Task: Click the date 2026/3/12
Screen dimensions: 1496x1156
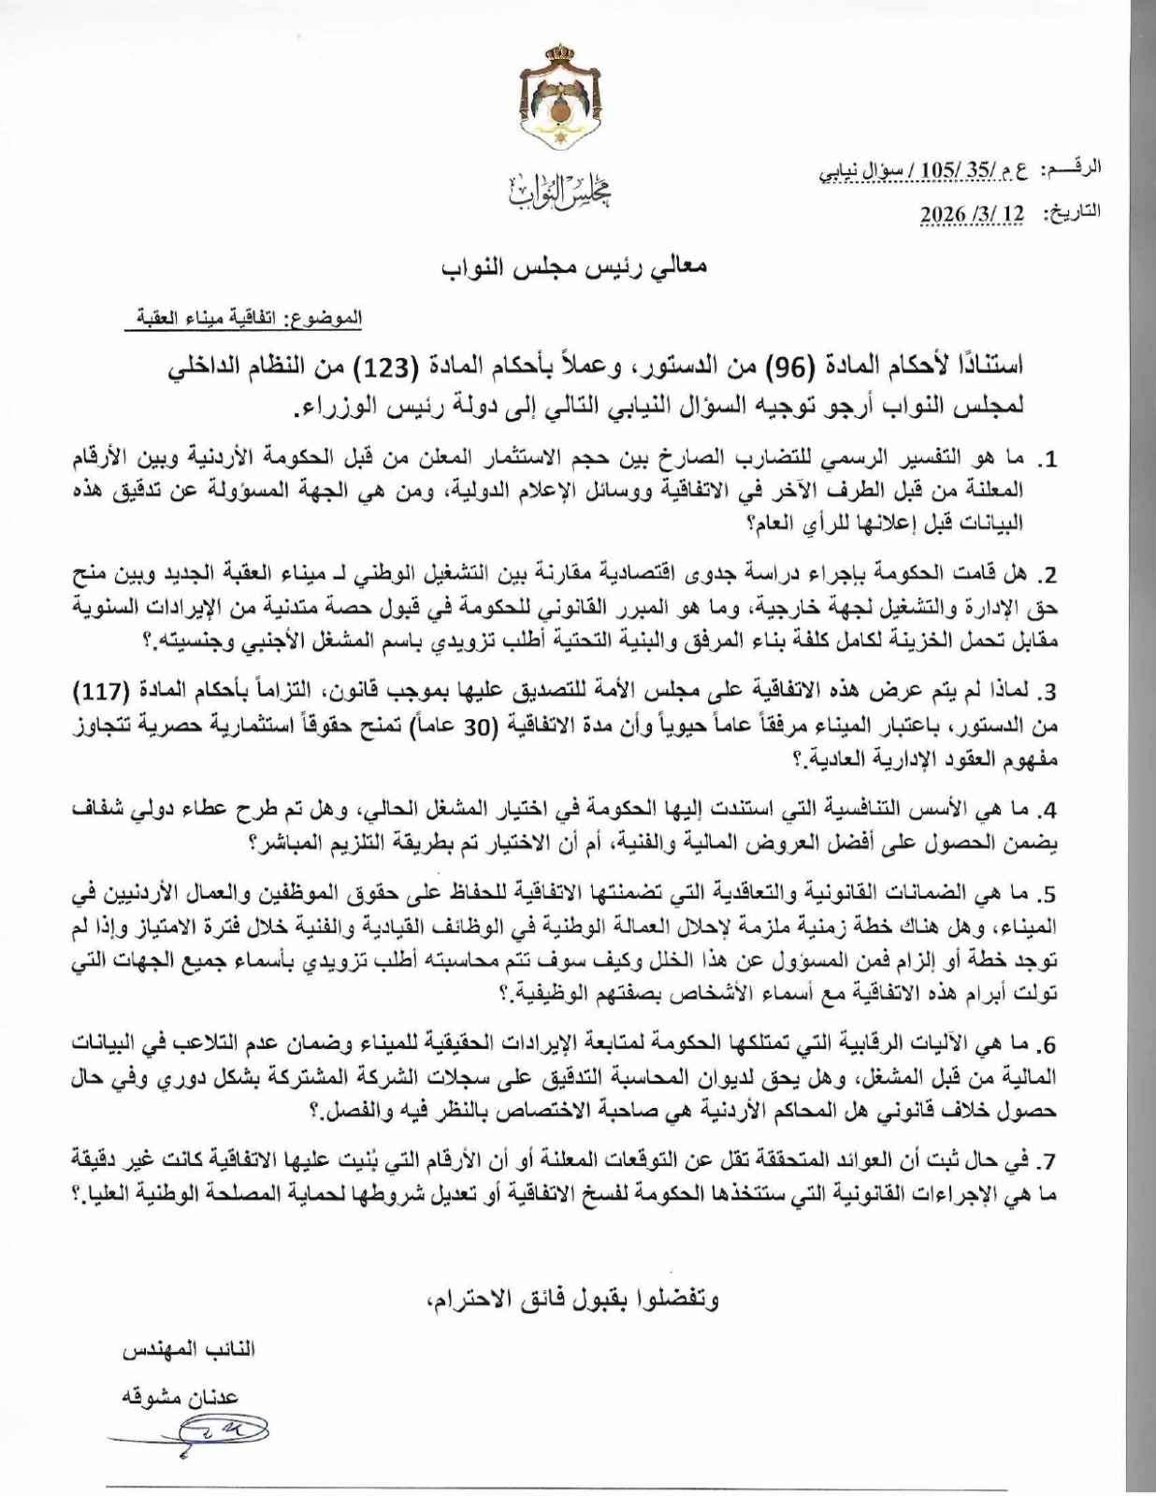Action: click(x=973, y=212)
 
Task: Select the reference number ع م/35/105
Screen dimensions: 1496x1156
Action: click(x=987, y=169)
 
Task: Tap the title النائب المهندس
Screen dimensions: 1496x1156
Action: click(x=187, y=1350)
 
